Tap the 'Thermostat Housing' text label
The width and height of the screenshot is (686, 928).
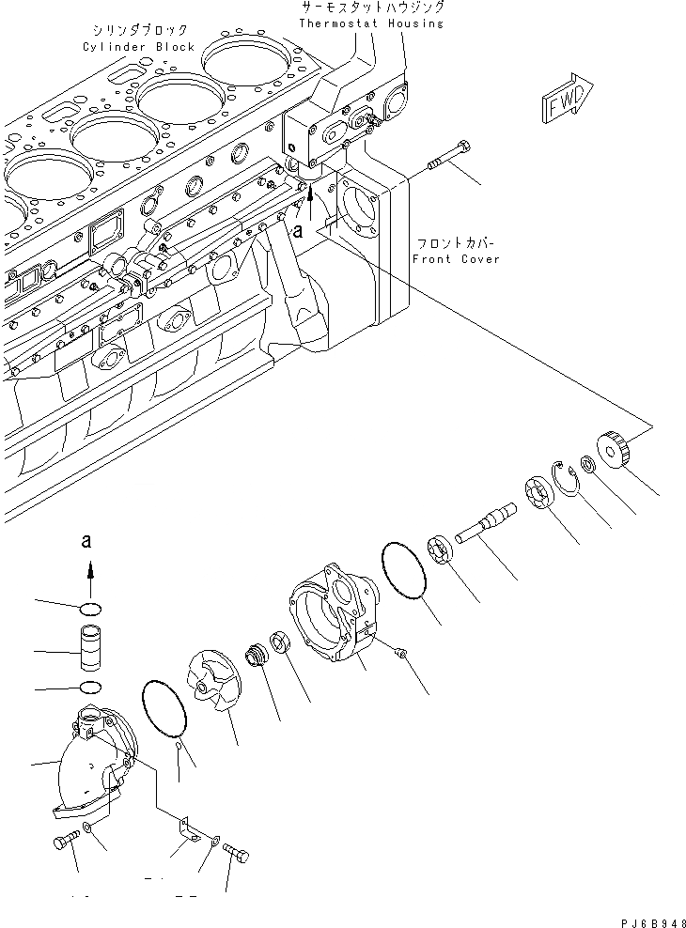point(371,23)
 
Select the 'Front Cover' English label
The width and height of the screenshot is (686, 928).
point(457,258)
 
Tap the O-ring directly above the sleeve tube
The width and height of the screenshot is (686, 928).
point(90,604)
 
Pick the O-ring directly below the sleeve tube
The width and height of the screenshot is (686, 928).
point(90,688)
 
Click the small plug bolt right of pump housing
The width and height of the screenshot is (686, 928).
point(401,652)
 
